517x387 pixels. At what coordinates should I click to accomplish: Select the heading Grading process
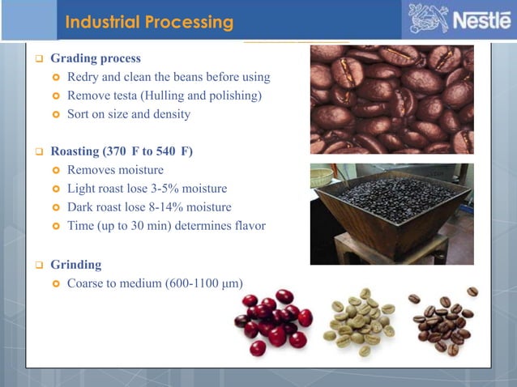(95, 58)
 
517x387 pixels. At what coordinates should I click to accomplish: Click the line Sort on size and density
(129, 114)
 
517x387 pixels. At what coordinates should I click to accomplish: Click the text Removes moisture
(115, 170)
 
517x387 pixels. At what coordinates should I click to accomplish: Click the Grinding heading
(76, 264)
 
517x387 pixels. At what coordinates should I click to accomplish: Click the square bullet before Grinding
(38, 265)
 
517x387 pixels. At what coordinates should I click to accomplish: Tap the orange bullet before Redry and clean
(56, 78)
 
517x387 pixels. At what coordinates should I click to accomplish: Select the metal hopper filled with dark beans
(391, 202)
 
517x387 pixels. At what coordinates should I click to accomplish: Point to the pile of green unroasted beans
(359, 321)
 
